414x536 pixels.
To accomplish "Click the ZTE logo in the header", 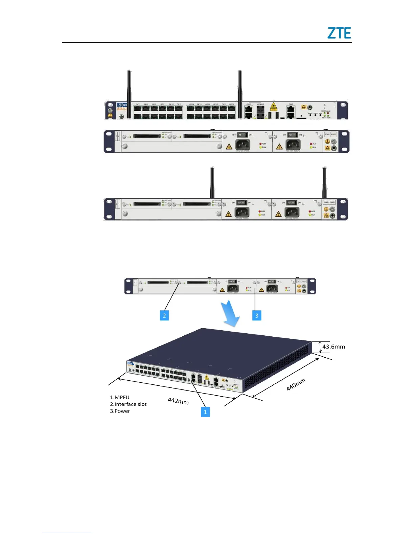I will coord(339,33).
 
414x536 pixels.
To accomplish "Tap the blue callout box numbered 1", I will coord(205,412).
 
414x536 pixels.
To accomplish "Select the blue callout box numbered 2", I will coord(164,315).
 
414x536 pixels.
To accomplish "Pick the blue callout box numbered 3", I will coord(257,315).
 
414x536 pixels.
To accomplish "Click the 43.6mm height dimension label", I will coord(333,347).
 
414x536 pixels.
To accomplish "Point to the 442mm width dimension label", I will coord(178,401).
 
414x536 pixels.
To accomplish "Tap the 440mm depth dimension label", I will coord(296,385).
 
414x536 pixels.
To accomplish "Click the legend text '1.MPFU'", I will coord(120,397).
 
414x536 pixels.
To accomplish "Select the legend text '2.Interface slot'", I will coord(128,404).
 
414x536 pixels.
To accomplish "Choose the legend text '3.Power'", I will coord(120,411).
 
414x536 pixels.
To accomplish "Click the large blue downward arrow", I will coord(231,314).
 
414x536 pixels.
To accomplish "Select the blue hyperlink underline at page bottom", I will coord(67,533).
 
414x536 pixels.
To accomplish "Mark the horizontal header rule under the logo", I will coord(207,43).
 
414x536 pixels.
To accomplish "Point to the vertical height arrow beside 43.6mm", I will coord(320,347).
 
